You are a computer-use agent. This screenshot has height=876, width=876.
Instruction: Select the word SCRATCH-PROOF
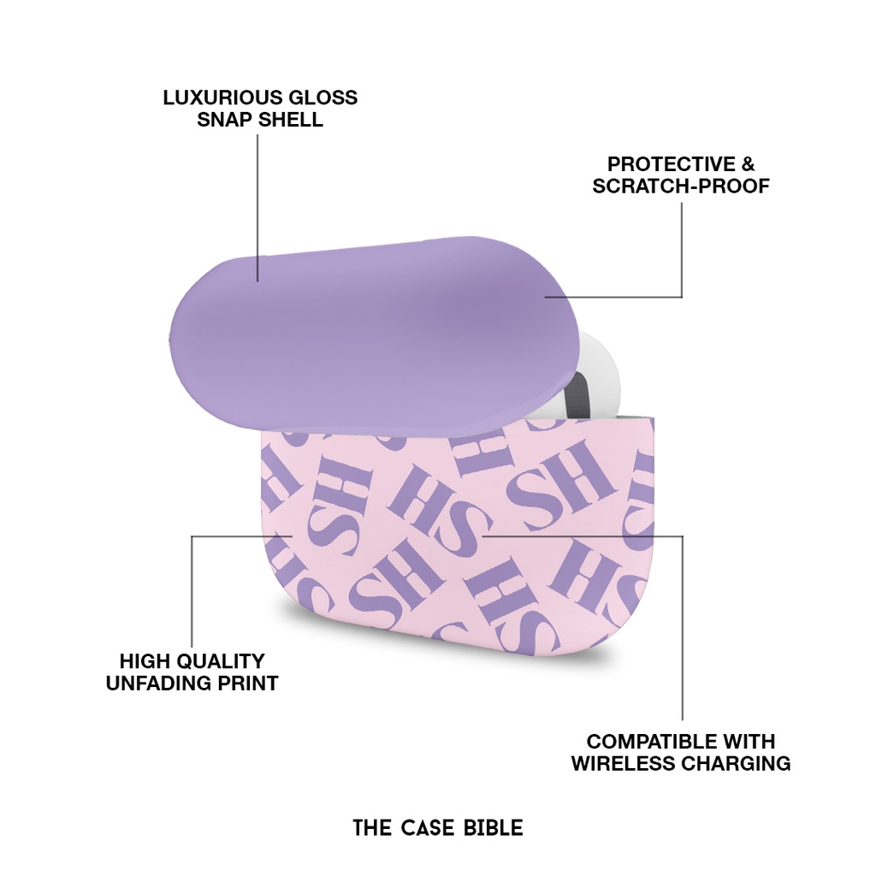tap(681, 186)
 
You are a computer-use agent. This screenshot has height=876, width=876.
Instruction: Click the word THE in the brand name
tap(371, 828)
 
